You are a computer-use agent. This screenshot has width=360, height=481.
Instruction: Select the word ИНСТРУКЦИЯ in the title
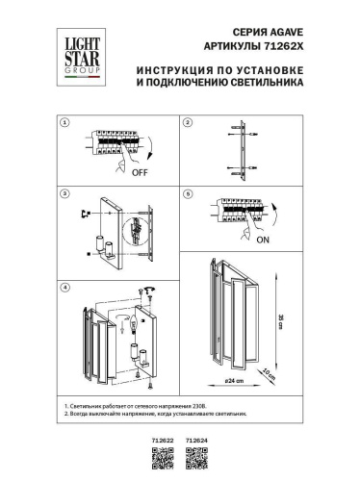[178, 70]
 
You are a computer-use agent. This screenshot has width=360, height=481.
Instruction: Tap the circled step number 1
[64, 124]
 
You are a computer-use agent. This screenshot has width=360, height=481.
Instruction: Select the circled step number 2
[189, 124]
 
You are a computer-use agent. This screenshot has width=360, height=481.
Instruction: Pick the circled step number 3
[64, 194]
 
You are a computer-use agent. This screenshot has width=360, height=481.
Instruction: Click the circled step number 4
[64, 288]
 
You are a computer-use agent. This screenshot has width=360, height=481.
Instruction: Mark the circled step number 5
[189, 194]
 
